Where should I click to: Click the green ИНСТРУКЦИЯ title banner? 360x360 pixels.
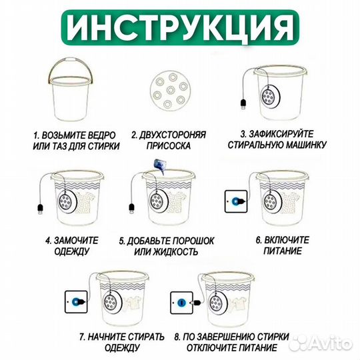180,27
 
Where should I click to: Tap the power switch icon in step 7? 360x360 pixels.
75,301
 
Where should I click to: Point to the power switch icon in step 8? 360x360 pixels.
181,301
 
